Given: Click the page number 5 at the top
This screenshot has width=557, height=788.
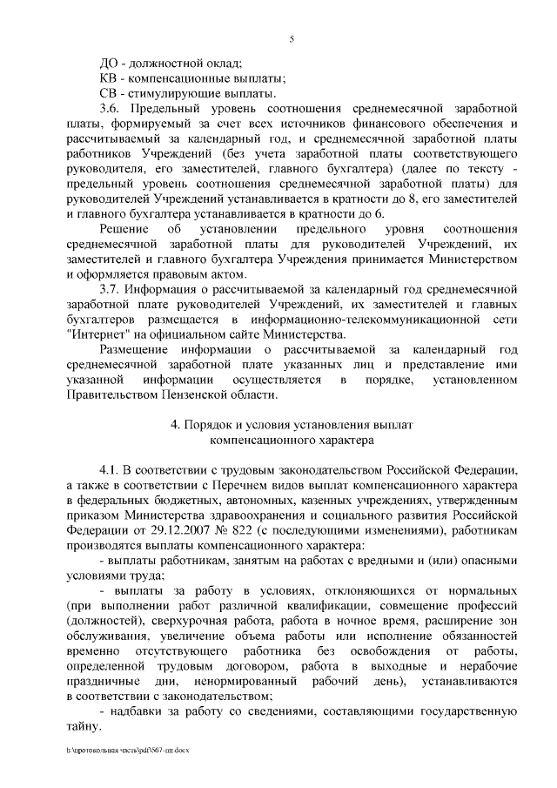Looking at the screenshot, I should click(292, 37).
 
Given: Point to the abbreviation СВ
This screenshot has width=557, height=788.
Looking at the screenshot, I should click(111, 93).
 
